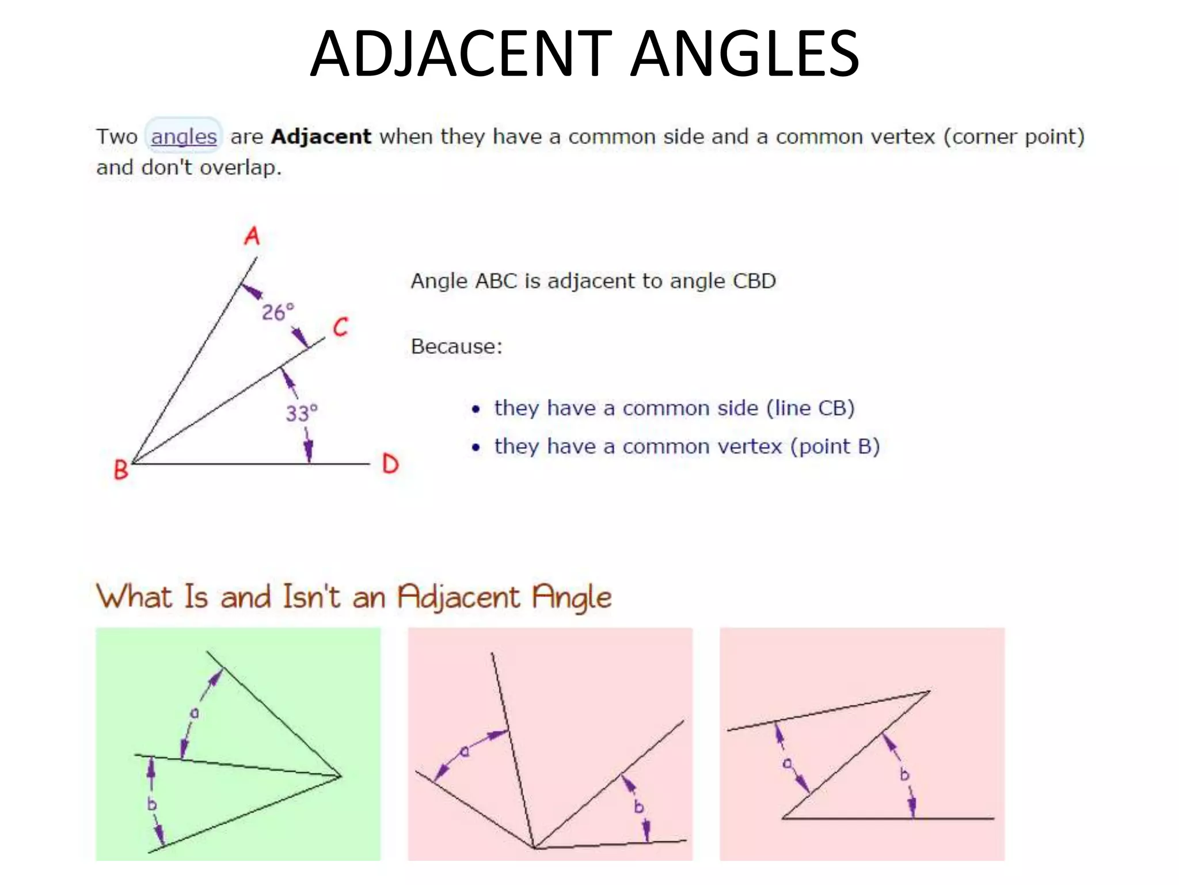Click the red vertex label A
(x=252, y=236)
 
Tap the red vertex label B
(x=121, y=470)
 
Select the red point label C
(x=341, y=327)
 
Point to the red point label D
(x=390, y=464)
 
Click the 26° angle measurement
(x=277, y=312)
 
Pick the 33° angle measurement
(x=301, y=413)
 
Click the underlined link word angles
(x=184, y=137)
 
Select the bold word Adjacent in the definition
(x=321, y=137)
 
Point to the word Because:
(x=457, y=346)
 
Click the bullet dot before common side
(x=476, y=409)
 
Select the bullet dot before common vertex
(x=476, y=448)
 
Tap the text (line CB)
(x=810, y=408)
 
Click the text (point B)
(x=835, y=447)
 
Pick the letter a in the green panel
(x=195, y=713)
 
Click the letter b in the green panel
(x=151, y=803)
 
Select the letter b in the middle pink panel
(x=638, y=807)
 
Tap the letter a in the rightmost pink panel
(x=787, y=763)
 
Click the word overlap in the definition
(x=240, y=168)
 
